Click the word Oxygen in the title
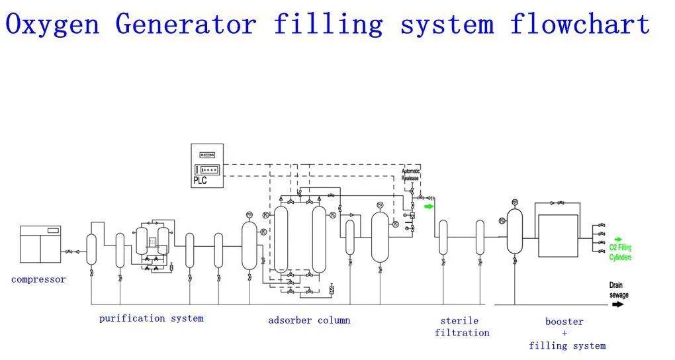click(x=53, y=25)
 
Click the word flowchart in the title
click(x=580, y=25)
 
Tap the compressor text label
click(x=38, y=280)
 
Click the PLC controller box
click(x=207, y=165)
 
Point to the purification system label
click(x=152, y=318)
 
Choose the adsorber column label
click(x=309, y=320)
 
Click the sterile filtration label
click(x=462, y=327)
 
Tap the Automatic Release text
click(x=411, y=175)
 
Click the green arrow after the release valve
click(x=429, y=206)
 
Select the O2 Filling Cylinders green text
click(x=620, y=252)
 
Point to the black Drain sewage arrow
click(x=618, y=304)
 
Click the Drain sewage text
click(x=619, y=290)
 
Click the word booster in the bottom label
click(x=564, y=322)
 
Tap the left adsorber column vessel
click(x=282, y=240)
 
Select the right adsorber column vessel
click(x=319, y=240)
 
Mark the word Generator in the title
click(x=186, y=25)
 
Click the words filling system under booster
click(x=567, y=345)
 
